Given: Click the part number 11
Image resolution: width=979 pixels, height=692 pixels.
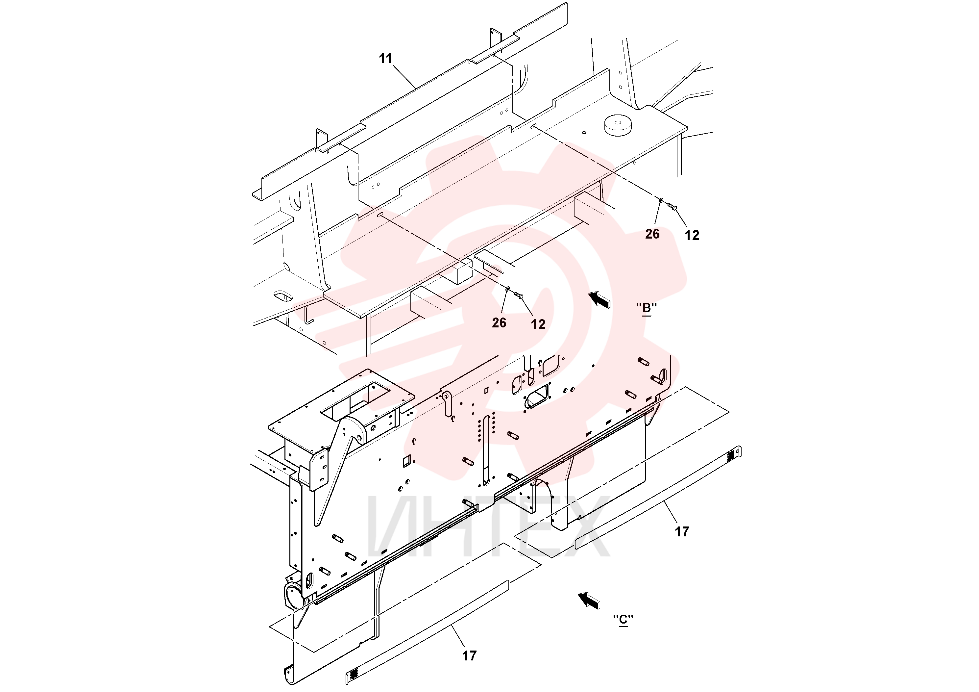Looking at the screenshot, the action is point(385,59).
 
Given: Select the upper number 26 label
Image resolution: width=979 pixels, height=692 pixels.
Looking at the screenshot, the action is point(652,234).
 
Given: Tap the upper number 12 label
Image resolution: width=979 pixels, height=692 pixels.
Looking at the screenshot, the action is point(692,235).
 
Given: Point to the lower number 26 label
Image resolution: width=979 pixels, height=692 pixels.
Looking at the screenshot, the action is point(499,322).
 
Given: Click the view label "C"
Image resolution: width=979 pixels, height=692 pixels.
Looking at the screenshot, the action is point(623,619).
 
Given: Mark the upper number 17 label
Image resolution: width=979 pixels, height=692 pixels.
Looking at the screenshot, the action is point(682,531).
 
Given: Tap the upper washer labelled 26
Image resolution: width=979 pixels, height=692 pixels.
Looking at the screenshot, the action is point(661,200).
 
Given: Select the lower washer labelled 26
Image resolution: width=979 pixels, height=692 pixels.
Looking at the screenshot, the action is point(507,289).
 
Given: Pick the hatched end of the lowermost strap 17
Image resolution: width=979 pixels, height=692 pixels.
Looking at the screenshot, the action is point(353,675).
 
